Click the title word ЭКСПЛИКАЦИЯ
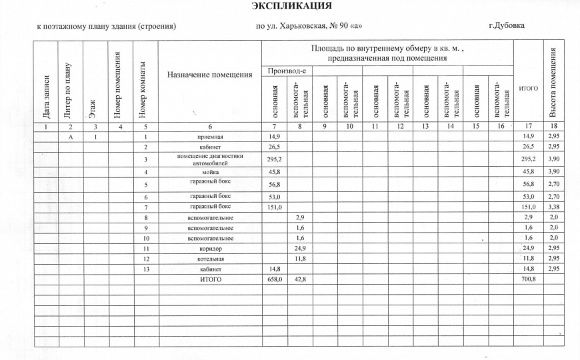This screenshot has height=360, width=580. [291, 7]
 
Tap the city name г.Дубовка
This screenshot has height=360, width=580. [506, 26]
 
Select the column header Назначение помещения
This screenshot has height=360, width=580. [209, 75]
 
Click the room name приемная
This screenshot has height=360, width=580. [211, 136]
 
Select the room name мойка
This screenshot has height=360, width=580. [211, 173]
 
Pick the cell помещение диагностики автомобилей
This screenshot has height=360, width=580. [211, 159]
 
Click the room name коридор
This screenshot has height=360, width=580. [211, 249]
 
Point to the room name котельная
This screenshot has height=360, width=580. [211, 259]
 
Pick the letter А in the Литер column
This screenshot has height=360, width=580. [70, 136]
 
